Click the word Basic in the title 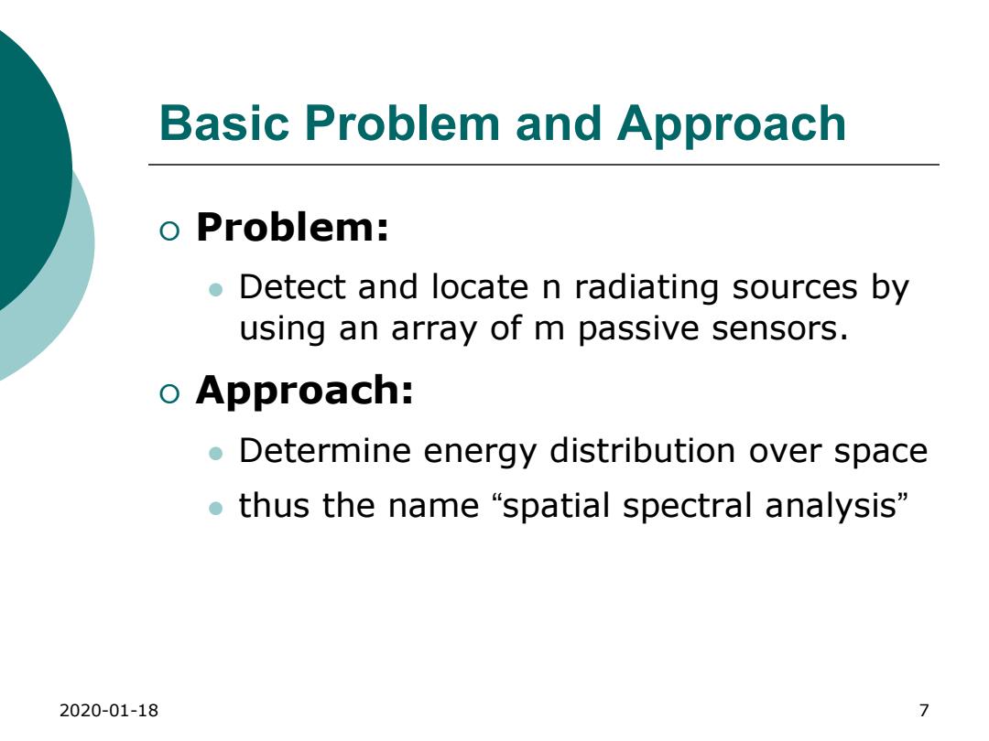pos(224,123)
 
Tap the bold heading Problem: pos(292,227)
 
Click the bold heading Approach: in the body pos(305,392)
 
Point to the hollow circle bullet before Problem pos(169,231)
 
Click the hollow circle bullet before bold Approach pos(169,394)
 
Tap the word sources pos(795,288)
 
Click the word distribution pos(642,451)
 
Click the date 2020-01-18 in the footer pos(108,711)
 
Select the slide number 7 pos(924,711)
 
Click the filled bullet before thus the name pos(216,508)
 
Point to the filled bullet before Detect pos(216,290)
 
